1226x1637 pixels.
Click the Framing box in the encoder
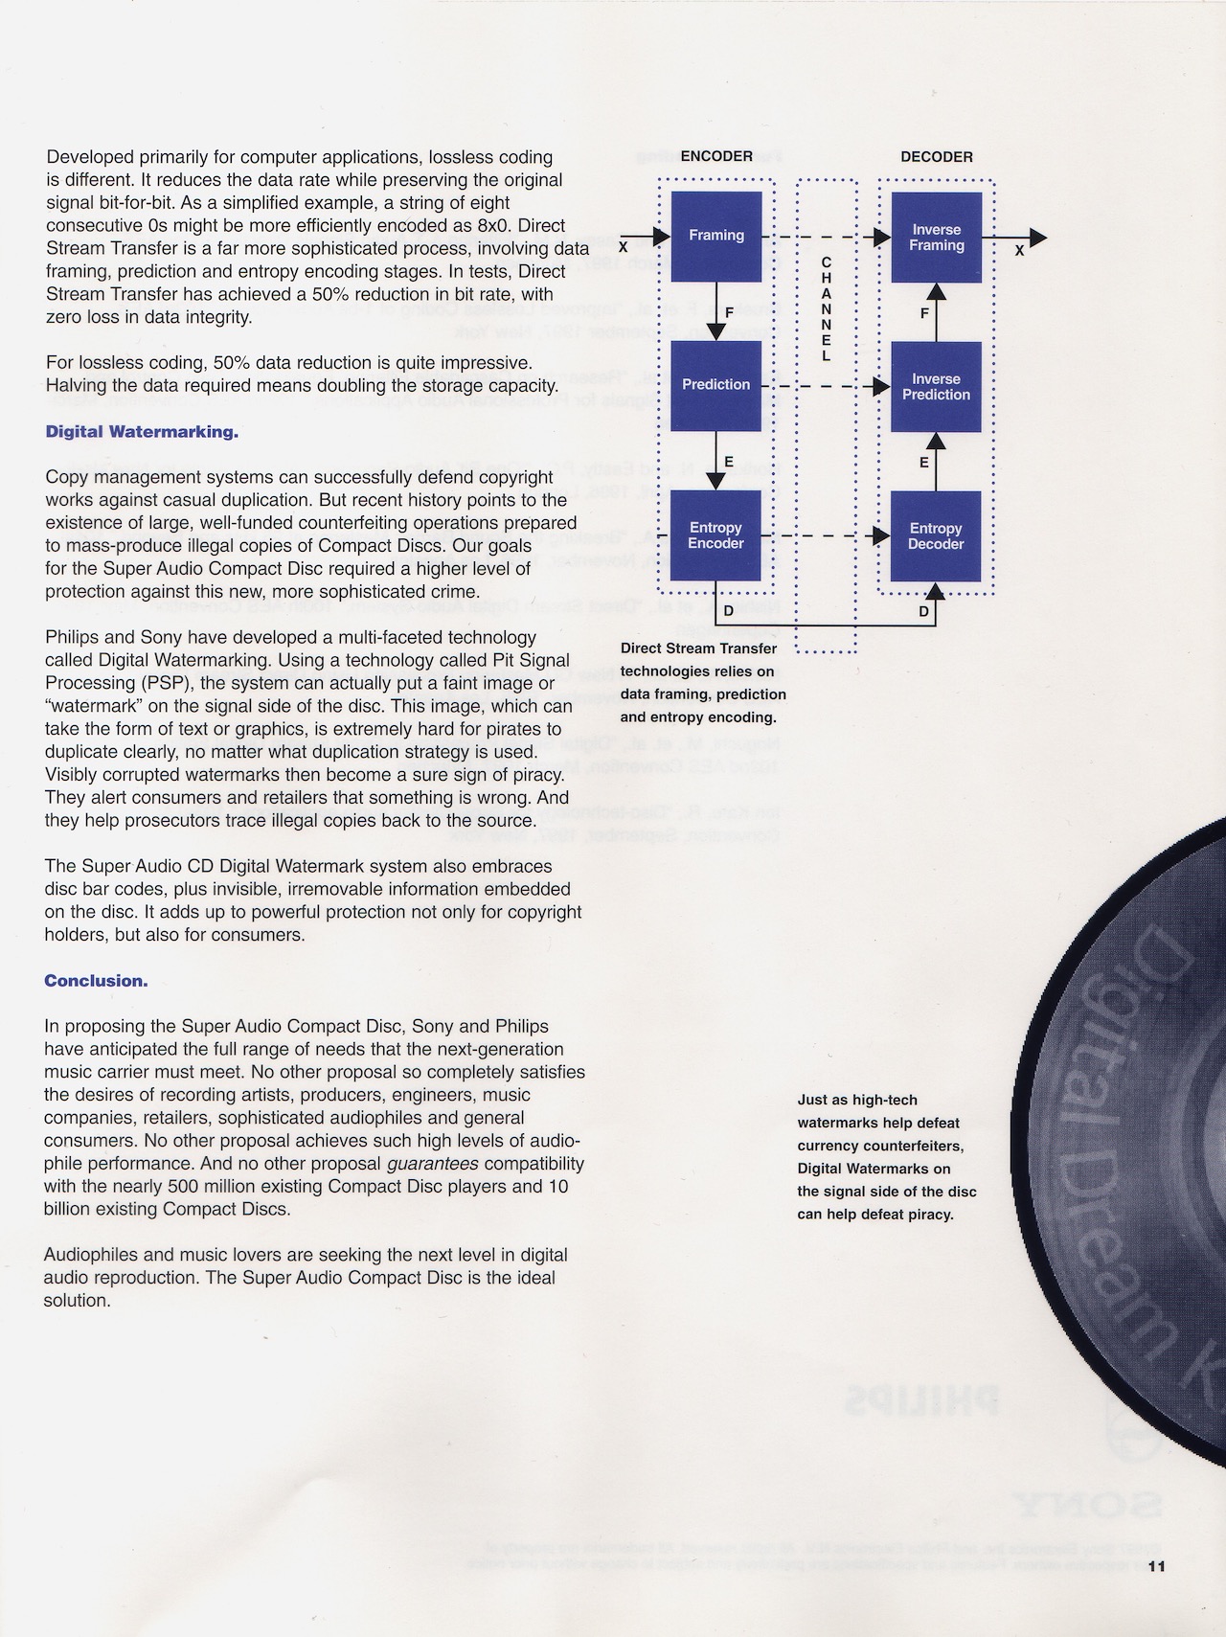(x=716, y=236)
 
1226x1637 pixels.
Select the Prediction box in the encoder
(x=716, y=385)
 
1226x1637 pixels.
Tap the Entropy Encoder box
(x=716, y=535)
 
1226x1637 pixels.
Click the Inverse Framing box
(x=937, y=238)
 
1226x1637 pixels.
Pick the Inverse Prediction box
(x=937, y=386)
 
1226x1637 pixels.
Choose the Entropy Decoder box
(x=937, y=535)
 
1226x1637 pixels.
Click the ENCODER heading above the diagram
(x=716, y=156)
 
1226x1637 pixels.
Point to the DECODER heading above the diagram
(x=937, y=156)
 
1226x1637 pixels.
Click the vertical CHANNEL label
(x=827, y=309)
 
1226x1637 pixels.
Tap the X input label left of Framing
(x=624, y=246)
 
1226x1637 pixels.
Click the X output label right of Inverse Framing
(x=1019, y=250)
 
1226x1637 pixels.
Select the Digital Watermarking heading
(x=142, y=432)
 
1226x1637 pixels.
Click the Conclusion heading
(x=96, y=981)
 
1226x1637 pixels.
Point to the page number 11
(x=1156, y=1567)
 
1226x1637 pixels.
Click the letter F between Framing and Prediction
(x=729, y=312)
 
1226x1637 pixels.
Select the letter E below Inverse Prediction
(x=923, y=463)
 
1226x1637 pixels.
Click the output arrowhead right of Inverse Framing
(x=1038, y=238)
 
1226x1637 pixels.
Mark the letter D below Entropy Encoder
(x=729, y=610)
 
